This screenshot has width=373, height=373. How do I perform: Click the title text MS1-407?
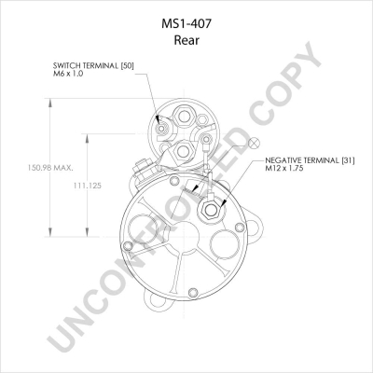pyautogui.click(x=186, y=23)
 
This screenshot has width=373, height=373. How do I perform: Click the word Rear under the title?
pyautogui.click(x=186, y=40)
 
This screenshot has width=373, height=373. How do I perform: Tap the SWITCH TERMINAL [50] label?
pyautogui.click(x=93, y=66)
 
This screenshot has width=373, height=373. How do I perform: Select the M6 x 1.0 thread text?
pyautogui.click(x=68, y=74)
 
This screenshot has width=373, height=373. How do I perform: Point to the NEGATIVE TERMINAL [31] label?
pyautogui.click(x=310, y=160)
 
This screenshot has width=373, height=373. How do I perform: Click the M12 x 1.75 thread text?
pyautogui.click(x=284, y=169)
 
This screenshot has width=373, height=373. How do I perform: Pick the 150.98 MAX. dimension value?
pyautogui.click(x=50, y=168)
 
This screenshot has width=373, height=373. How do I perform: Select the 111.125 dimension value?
pyautogui.click(x=88, y=186)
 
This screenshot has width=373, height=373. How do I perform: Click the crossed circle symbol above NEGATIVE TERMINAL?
pyautogui.click(x=254, y=143)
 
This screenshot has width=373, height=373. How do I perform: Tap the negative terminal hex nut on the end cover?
pyautogui.click(x=211, y=211)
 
